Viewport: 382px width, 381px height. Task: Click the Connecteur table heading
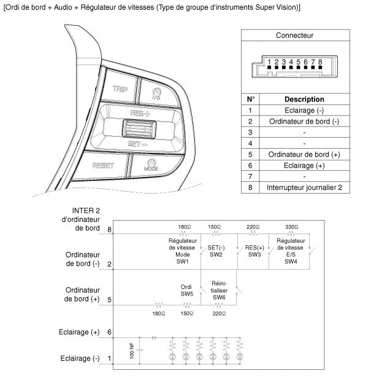click(294, 35)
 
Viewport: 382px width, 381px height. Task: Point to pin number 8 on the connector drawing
click(320, 62)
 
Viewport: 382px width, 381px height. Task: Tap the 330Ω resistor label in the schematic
click(292, 226)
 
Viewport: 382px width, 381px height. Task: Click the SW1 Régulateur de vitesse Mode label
click(181, 250)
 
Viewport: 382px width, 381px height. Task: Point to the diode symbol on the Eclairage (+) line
click(153, 337)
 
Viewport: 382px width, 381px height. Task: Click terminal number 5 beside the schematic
click(109, 300)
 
